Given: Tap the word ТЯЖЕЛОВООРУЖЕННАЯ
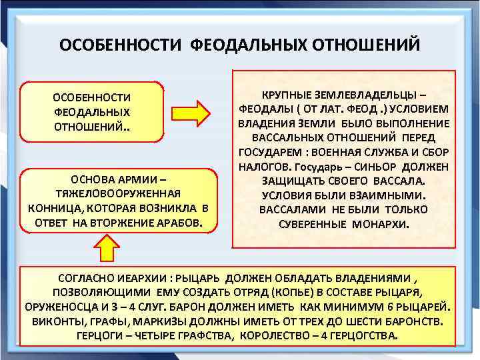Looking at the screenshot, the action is tap(119, 193).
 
